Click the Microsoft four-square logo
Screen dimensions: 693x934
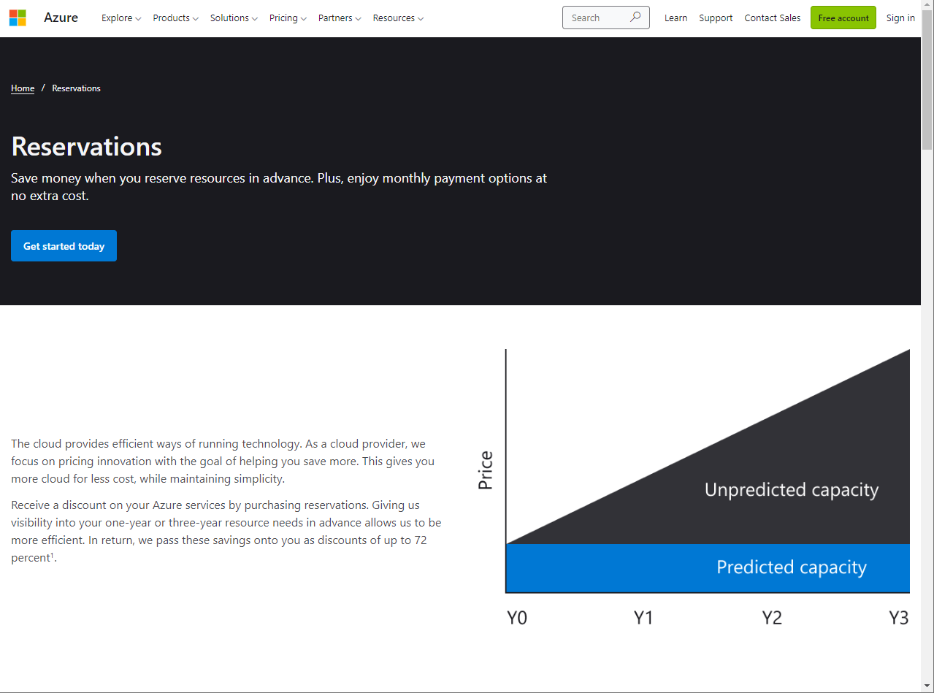pyautogui.click(x=18, y=18)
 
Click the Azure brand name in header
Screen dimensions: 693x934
pyautogui.click(x=61, y=18)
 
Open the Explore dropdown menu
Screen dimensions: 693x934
pyautogui.click(x=121, y=18)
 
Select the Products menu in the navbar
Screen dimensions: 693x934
pyautogui.click(x=175, y=18)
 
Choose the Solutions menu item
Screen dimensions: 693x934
pyautogui.click(x=234, y=18)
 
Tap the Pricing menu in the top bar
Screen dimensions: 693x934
pyautogui.click(x=288, y=18)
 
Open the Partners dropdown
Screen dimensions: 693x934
pyautogui.click(x=340, y=18)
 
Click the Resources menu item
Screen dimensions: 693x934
pyautogui.click(x=398, y=18)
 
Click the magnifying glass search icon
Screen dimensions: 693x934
pyautogui.click(x=635, y=17)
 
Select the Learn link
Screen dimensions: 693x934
pyautogui.click(x=675, y=18)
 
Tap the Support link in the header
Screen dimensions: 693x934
pyautogui.click(x=716, y=18)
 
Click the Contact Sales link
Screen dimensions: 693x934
pyautogui.click(x=772, y=18)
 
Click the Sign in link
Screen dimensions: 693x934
pyautogui.click(x=900, y=18)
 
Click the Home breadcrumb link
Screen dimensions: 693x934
pyautogui.click(x=23, y=88)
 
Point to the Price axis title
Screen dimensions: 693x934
pyautogui.click(x=486, y=470)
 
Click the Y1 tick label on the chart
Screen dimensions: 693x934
pyautogui.click(x=643, y=618)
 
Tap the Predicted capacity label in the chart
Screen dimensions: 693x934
pyautogui.click(x=792, y=567)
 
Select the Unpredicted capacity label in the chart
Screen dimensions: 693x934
pyautogui.click(x=792, y=489)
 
